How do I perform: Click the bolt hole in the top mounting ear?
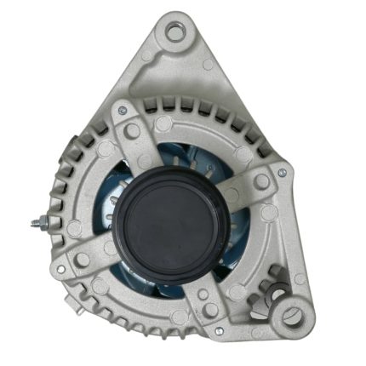(175, 33)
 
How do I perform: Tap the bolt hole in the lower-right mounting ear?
(293, 316)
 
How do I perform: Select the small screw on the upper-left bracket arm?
(123, 112)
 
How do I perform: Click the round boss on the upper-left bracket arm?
(132, 130)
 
